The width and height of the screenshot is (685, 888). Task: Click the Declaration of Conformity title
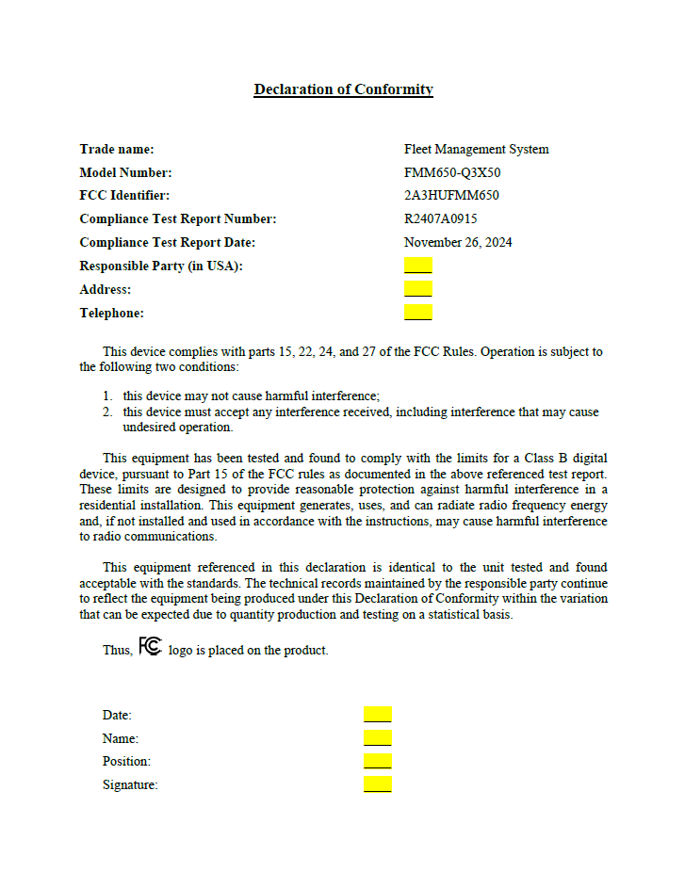[343, 89]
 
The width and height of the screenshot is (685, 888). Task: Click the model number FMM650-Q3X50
[452, 172]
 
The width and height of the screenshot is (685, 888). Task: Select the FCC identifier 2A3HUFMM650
[451, 196]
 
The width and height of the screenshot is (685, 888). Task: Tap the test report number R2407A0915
[441, 218]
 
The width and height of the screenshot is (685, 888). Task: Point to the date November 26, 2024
[458, 242]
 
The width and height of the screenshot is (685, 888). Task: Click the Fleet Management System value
[476, 149]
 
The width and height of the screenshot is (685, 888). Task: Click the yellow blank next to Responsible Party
[417, 266]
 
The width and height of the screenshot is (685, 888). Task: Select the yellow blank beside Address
[417, 289]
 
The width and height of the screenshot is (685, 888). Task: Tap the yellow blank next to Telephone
[417, 313]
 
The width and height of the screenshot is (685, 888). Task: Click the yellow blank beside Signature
[377, 783]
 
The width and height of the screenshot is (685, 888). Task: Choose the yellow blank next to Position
[377, 761]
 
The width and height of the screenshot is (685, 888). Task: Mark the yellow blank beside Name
[377, 738]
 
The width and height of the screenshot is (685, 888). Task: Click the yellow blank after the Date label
[377, 715]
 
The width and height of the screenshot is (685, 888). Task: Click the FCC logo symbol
[150, 647]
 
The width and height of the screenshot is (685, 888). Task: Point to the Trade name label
[117, 149]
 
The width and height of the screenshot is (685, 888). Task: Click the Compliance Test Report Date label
[168, 242]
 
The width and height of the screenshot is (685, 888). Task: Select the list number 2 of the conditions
[107, 412]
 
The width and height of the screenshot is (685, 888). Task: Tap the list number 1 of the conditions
[107, 396]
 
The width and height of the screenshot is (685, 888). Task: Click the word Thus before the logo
[118, 650]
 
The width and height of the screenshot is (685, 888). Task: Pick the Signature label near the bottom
[130, 784]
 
